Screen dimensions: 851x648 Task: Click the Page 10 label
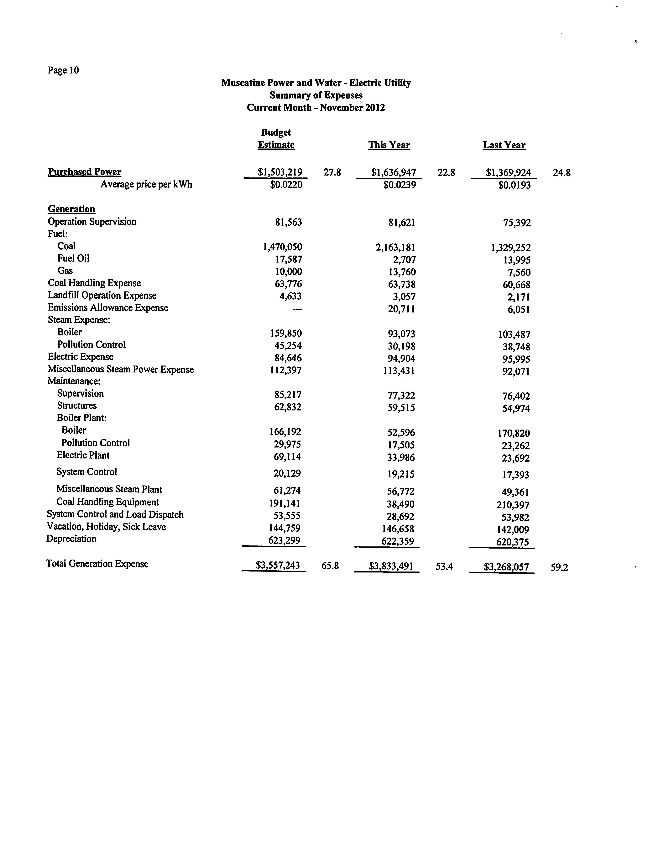pos(63,70)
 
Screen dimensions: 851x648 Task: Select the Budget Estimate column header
pos(276,139)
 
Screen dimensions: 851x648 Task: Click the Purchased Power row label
pos(85,172)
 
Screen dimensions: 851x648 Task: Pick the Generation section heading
pos(71,209)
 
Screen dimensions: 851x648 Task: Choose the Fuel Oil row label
pos(73,258)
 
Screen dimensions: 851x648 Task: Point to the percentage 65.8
pos(330,566)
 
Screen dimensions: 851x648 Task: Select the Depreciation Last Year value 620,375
pos(512,542)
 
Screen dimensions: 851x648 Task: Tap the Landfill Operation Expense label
pos(102,295)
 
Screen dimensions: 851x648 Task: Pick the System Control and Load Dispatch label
pos(115,515)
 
